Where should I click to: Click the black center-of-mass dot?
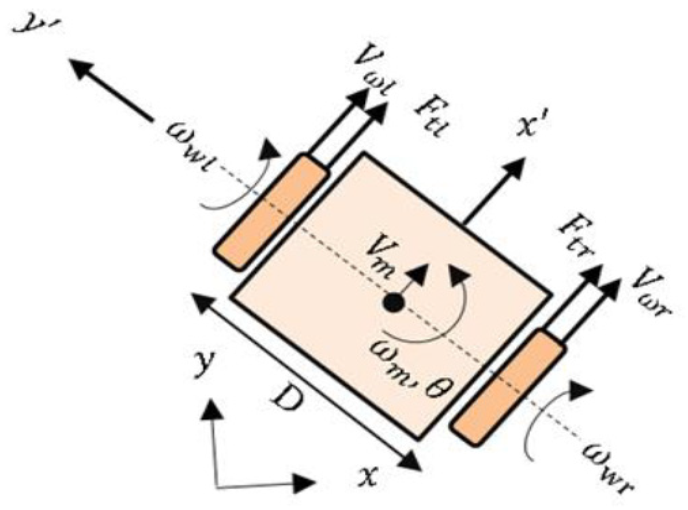pyautogui.click(x=393, y=303)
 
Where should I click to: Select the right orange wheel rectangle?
pyautogui.click(x=508, y=387)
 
